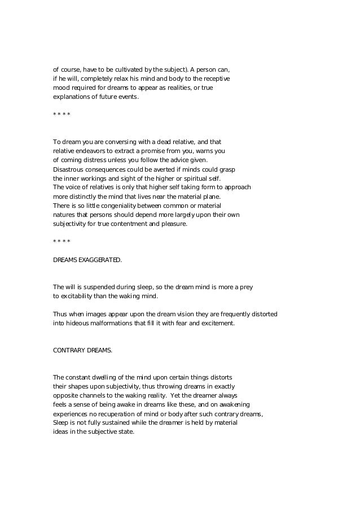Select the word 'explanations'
(72, 97)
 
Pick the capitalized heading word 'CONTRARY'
(68, 350)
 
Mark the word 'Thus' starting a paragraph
(59, 314)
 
